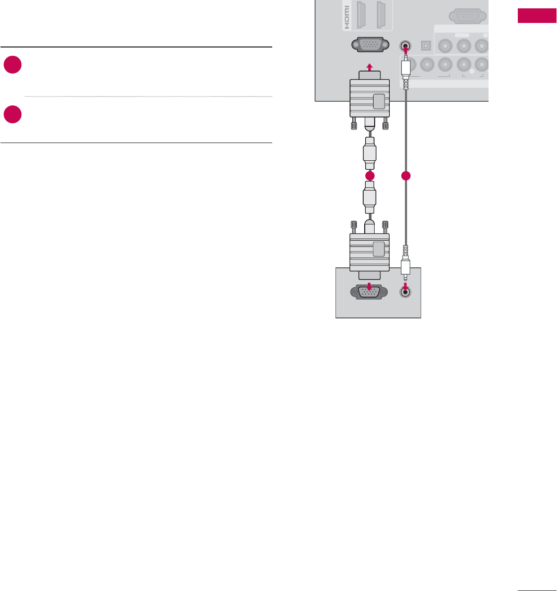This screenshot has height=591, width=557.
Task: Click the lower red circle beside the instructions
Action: pos(13,114)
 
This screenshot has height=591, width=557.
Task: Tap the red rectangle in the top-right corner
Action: pos(537,16)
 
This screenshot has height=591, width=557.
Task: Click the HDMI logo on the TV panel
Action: pos(345,17)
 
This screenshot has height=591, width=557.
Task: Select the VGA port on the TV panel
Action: pos(369,45)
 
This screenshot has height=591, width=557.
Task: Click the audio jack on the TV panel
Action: pos(404,45)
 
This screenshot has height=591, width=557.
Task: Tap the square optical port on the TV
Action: pos(426,45)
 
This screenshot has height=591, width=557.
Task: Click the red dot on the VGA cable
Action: pos(370,176)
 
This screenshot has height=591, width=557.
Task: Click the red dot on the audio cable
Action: pos(405,176)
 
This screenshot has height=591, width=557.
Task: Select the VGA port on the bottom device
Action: pos(369,292)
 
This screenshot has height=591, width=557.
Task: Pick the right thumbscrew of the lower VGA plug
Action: pos(386,227)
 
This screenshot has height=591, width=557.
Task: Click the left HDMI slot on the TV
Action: pos(360,15)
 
